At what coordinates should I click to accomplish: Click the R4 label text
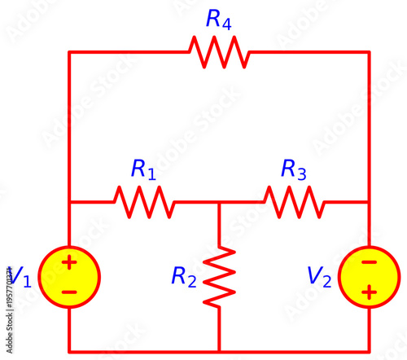tap(219, 20)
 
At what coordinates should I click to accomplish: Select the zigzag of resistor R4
tap(218, 52)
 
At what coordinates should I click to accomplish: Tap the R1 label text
tap(143, 169)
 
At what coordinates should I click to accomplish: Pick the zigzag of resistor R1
tap(143, 201)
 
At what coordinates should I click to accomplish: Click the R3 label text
tap(293, 169)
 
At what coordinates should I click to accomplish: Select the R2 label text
tap(183, 277)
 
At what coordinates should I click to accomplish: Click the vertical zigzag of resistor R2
tap(219, 277)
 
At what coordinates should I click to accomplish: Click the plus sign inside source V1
tap(69, 262)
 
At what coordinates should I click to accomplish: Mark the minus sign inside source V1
tap(69, 291)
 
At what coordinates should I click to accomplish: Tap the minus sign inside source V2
tap(369, 262)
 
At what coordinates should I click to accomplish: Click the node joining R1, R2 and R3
tap(219, 201)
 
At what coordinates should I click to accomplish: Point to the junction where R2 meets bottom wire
tap(219, 350)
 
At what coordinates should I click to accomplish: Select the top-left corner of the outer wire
tap(69, 52)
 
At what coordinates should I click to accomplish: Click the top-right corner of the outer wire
tap(369, 52)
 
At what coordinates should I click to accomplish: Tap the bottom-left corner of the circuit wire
tap(69, 350)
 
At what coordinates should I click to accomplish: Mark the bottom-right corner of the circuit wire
tap(369, 350)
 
